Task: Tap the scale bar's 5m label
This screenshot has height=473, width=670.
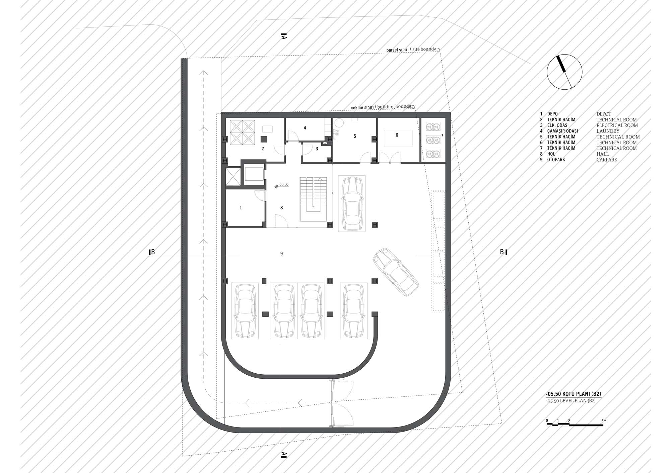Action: (x=604, y=421)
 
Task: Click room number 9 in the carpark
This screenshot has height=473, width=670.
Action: (x=281, y=254)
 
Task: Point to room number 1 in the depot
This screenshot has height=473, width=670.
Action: (x=241, y=208)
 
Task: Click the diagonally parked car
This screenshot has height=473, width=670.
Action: (x=396, y=272)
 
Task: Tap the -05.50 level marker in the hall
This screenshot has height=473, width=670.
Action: (x=281, y=185)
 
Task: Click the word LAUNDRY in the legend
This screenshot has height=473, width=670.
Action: (x=608, y=131)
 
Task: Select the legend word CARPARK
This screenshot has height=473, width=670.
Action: (x=607, y=160)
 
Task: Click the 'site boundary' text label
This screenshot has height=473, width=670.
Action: (x=426, y=49)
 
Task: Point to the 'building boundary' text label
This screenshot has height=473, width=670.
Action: (x=396, y=107)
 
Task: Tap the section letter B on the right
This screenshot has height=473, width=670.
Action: (x=502, y=252)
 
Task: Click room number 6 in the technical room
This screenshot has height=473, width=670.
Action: (x=397, y=135)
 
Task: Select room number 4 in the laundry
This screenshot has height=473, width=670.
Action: (x=305, y=128)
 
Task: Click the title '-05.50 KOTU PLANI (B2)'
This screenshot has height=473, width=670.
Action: (x=573, y=393)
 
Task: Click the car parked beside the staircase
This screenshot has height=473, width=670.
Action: (x=352, y=203)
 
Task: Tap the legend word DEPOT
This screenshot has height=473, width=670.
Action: (x=604, y=114)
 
